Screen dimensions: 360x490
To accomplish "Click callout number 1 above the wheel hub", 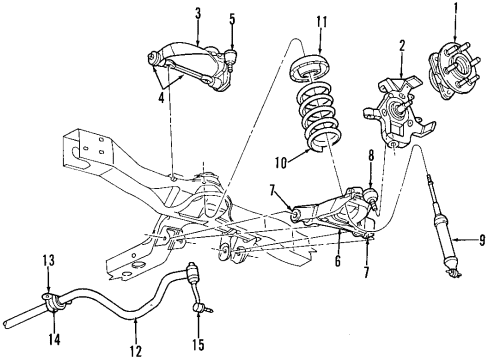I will [x=461, y=13].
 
